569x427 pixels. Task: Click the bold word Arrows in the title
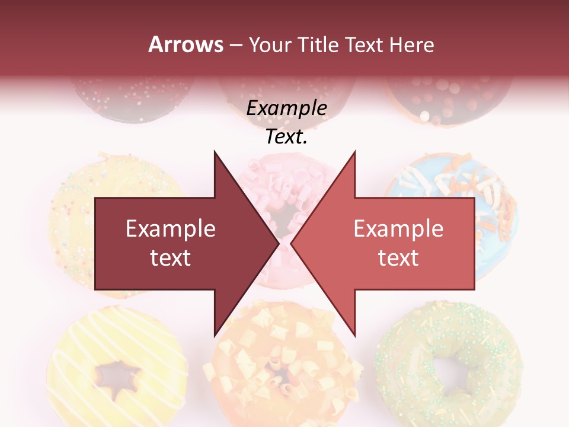[186, 44]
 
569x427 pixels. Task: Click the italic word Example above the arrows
[286, 109]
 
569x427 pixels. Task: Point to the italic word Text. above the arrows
[286, 137]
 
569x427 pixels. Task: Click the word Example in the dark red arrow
[171, 228]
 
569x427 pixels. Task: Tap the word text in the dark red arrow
[171, 257]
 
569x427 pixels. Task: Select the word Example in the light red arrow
[398, 228]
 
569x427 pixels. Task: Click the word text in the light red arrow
[398, 257]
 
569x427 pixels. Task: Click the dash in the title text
[235, 46]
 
